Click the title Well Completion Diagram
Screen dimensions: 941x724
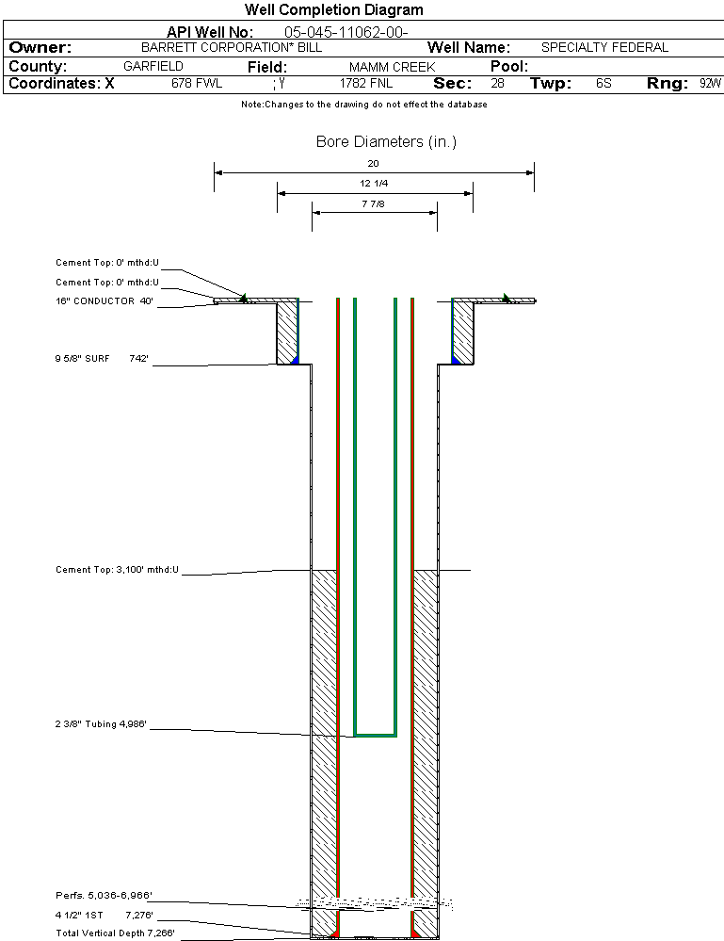333,10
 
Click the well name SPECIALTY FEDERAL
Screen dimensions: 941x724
604,47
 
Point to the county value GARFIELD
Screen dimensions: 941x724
153,67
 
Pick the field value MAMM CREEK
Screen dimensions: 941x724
392,68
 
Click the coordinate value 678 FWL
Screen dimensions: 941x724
196,83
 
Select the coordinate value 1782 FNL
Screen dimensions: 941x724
364,83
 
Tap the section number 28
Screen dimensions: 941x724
497,83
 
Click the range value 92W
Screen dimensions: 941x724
710,83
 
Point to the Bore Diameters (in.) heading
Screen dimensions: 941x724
386,142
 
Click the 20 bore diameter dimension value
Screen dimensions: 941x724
374,163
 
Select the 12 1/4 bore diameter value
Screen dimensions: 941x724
374,183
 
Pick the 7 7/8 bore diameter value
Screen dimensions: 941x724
374,203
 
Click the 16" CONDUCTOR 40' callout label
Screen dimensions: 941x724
104,301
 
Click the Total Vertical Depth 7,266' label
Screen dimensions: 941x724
115,933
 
